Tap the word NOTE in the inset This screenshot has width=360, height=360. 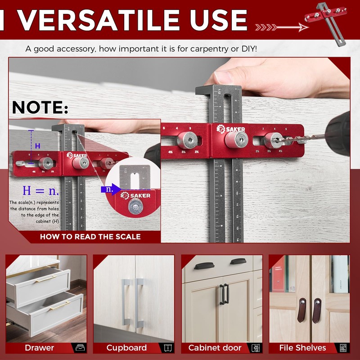pos(40,108)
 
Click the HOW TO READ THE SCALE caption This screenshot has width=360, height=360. pos(90,237)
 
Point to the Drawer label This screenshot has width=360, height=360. pos(40,348)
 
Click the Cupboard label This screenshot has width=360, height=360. pos(126,348)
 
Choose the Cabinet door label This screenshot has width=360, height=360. pos(215,348)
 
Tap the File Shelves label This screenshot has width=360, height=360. pos(302,348)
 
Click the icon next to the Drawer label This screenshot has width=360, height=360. pos(79,348)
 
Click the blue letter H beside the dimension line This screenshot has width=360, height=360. pos(38,146)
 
